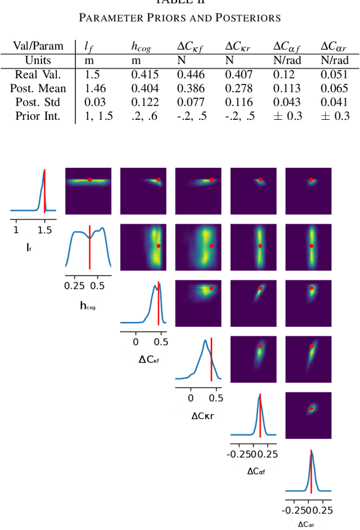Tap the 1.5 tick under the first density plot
tap(44, 230)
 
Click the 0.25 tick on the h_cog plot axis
tap(74, 285)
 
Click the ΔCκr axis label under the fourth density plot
tap(200, 416)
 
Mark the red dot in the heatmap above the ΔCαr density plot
tap(311, 408)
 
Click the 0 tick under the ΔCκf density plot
tap(136, 341)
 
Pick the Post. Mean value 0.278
tap(237, 88)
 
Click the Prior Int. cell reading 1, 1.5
tap(99, 116)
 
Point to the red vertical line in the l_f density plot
tap(44, 191)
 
